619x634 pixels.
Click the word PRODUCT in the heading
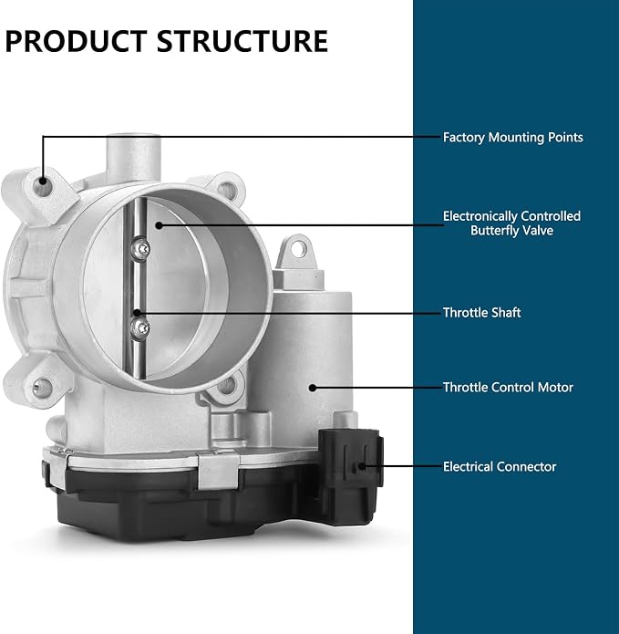tap(76, 41)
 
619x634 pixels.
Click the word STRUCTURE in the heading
tap(242, 41)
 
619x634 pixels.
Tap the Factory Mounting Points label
tap(512, 138)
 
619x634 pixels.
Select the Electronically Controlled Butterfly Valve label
tap(511, 223)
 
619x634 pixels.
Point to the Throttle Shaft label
tap(481, 313)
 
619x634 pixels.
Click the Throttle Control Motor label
tap(508, 388)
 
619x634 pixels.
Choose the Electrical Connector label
tap(500, 466)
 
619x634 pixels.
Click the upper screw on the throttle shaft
tap(141, 248)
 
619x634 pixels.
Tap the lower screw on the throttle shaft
tap(140, 327)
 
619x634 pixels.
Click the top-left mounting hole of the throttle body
tap(43, 186)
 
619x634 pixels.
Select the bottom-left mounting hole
tap(42, 389)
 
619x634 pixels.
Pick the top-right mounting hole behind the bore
tap(227, 190)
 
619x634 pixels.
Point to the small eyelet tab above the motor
tap(297, 250)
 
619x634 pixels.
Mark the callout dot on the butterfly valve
tap(160, 225)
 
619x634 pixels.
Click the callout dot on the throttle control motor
tap(313, 388)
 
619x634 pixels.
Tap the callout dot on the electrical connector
tap(362, 466)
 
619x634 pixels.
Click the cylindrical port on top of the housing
tap(133, 158)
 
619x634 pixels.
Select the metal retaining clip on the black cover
tap(217, 470)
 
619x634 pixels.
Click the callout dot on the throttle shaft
tap(138, 313)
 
